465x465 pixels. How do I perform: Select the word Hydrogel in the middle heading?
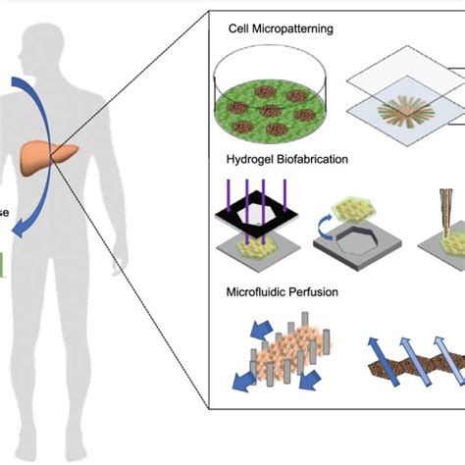point(256,159)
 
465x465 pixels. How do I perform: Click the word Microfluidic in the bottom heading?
point(260,291)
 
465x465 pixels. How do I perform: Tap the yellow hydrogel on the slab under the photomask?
point(254,251)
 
